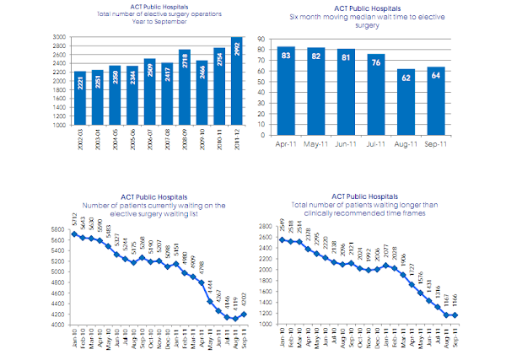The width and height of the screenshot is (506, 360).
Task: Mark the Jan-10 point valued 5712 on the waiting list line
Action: [x=74, y=234]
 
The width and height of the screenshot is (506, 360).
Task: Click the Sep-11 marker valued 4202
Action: [x=245, y=314]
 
